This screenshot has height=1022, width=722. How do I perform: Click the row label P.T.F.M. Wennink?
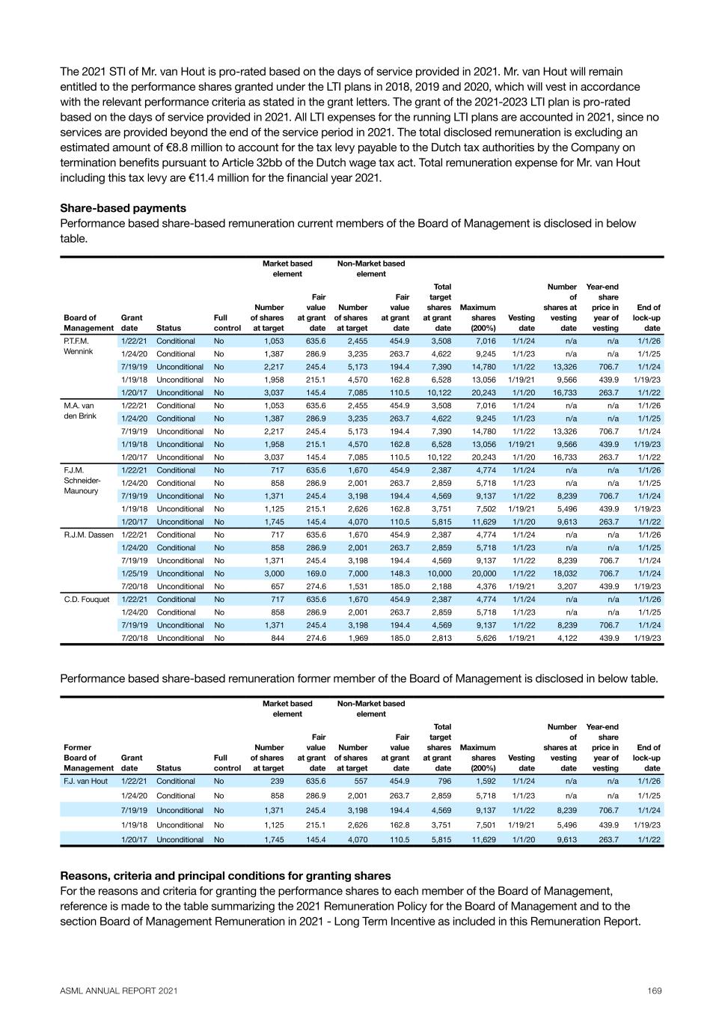(77, 346)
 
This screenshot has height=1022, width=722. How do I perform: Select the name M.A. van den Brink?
(79, 410)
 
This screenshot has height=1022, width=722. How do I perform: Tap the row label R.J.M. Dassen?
(88, 535)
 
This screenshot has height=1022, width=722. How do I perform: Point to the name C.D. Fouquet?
(86, 599)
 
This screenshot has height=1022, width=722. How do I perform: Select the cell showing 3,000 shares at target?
(272, 574)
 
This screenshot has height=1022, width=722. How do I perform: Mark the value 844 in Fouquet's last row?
(276, 638)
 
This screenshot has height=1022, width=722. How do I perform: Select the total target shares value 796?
(444, 781)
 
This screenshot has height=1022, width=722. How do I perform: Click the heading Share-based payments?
(123, 208)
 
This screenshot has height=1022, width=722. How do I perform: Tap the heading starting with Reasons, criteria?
(224, 875)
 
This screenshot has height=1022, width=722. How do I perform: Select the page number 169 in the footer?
(655, 991)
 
